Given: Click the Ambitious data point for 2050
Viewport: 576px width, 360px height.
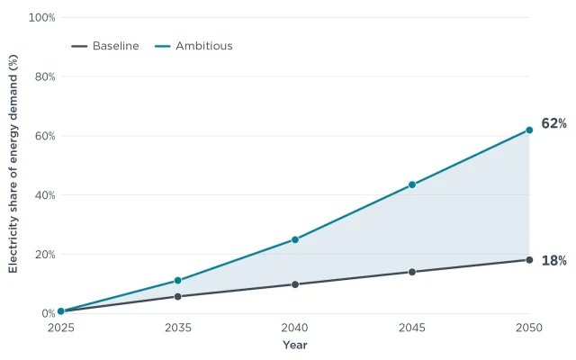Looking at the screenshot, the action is pyautogui.click(x=529, y=130).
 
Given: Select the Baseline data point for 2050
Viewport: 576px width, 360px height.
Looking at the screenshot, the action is pyautogui.click(x=529, y=260).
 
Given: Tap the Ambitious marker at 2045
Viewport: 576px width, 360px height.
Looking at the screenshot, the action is pyautogui.click(x=412, y=184).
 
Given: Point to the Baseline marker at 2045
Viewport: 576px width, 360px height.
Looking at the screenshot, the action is pyautogui.click(x=412, y=272).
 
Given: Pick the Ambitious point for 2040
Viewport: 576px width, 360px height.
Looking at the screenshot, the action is pyautogui.click(x=295, y=240).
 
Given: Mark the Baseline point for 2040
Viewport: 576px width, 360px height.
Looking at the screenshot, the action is pyautogui.click(x=295, y=284).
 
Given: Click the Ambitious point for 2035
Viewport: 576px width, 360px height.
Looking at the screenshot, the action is pyautogui.click(x=178, y=281).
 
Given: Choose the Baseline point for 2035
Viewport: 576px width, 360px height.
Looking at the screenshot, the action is pyautogui.click(x=178, y=296).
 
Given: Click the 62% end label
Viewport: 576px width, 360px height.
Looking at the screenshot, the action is pyautogui.click(x=554, y=124).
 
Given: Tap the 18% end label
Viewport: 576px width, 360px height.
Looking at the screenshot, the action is pyautogui.click(x=554, y=261).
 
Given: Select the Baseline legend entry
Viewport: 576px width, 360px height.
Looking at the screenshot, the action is pyautogui.click(x=105, y=46).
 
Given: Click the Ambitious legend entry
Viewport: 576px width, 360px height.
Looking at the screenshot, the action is pyautogui.click(x=193, y=46).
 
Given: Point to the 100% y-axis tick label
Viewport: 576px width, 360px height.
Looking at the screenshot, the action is pyautogui.click(x=42, y=18).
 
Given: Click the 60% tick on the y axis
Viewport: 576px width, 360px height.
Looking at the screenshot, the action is pyautogui.click(x=45, y=136).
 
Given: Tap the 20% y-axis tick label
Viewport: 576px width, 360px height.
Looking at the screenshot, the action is pyautogui.click(x=45, y=255).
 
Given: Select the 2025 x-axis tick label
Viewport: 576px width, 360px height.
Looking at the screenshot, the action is pyautogui.click(x=61, y=328).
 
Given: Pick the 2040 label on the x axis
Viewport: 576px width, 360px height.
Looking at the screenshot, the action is pyautogui.click(x=295, y=328).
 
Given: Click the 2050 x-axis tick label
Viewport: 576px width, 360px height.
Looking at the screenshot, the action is pyautogui.click(x=529, y=328).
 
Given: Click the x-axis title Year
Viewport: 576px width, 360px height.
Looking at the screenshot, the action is pyautogui.click(x=295, y=345).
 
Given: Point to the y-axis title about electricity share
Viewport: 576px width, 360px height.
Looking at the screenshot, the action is pyautogui.click(x=13, y=164).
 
